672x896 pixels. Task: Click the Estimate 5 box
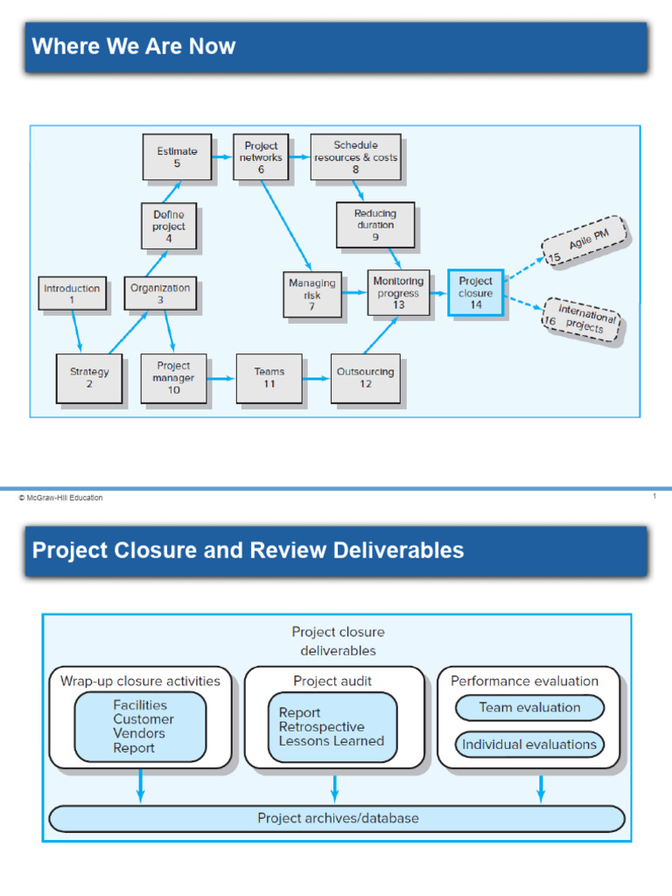point(177,157)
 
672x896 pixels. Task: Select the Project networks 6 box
point(261,157)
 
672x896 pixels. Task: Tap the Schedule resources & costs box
point(355,157)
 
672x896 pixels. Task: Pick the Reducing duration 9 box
point(375,225)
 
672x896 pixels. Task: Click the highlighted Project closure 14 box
point(475,293)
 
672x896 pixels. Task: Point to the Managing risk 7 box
point(311,295)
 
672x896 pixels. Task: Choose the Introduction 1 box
point(73,293)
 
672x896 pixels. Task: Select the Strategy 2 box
point(89,378)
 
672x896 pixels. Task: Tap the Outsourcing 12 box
point(365,378)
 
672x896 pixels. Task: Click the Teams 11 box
point(269,378)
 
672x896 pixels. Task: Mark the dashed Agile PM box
point(584,241)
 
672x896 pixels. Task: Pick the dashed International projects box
point(581,319)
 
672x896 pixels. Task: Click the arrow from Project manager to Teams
point(221,378)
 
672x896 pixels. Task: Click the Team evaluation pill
point(529,707)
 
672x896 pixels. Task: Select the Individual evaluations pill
point(529,745)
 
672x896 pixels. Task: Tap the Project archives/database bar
point(337,819)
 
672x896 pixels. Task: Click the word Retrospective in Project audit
point(321,727)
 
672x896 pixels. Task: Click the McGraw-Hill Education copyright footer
point(60,498)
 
